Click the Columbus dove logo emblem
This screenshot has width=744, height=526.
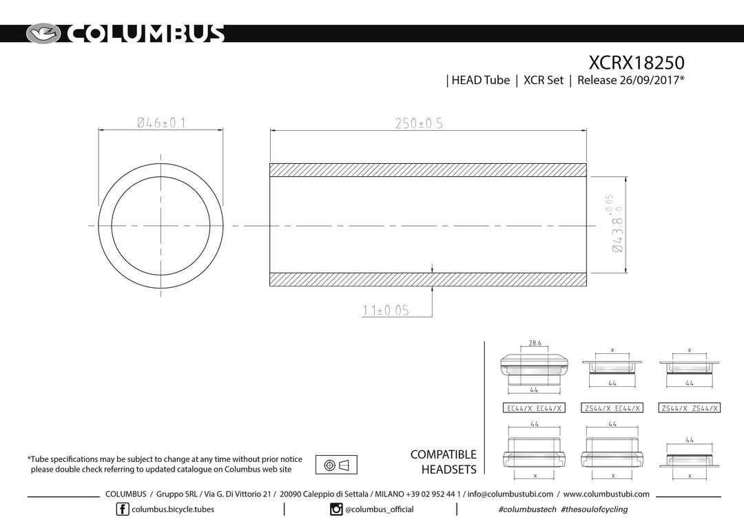pos(43,34)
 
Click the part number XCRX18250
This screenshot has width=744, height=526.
pos(637,63)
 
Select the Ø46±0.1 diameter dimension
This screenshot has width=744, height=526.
pos(161,123)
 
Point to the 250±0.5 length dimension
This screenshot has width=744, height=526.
pos(419,123)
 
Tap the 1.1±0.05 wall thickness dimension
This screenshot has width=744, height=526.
pos(385,311)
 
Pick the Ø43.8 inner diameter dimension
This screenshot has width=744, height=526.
pos(615,223)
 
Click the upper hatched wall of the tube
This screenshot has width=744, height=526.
pos(428,170)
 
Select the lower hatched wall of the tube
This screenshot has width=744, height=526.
pos(428,280)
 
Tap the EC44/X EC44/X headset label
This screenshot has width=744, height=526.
pos(535,408)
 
